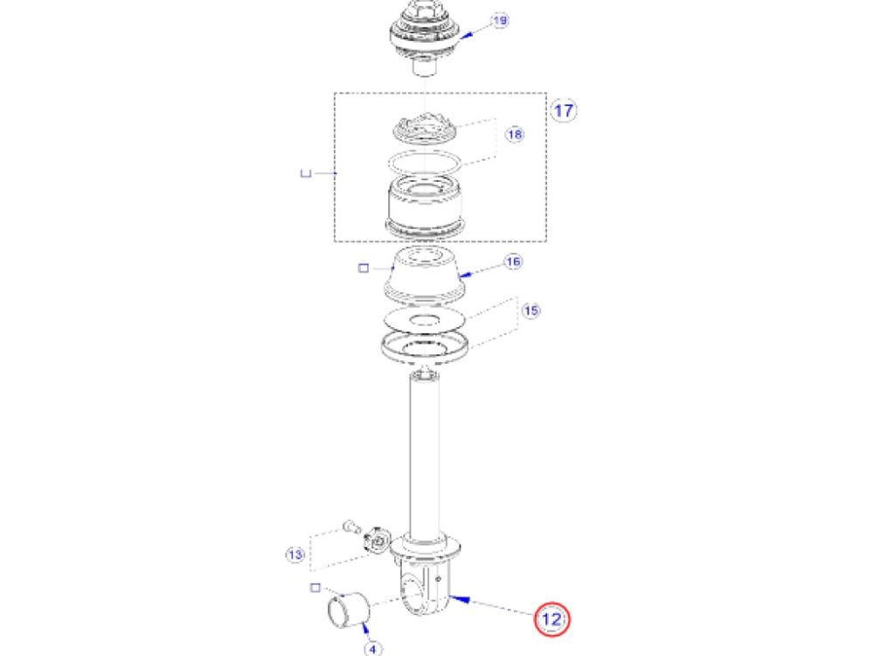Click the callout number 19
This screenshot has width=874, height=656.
click(500, 21)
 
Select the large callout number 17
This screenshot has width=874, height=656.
click(564, 110)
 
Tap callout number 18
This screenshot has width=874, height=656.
click(515, 135)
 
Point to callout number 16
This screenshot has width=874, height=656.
click(513, 261)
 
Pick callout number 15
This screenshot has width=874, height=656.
click(531, 311)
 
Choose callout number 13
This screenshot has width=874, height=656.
click(295, 555)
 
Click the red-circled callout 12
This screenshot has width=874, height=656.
click(551, 618)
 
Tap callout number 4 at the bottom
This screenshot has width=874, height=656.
click(373, 648)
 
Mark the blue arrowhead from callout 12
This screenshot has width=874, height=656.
click(460, 599)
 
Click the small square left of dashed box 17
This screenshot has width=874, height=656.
click(305, 173)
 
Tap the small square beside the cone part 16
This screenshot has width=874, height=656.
click(364, 269)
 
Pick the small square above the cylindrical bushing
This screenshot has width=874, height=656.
click(315, 588)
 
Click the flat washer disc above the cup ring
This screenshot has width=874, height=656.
click(424, 319)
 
